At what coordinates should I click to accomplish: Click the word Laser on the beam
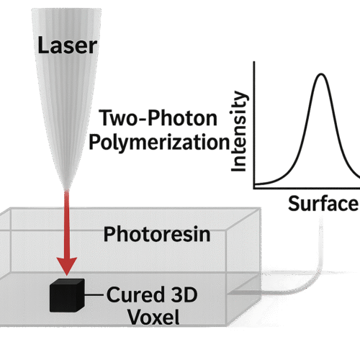68,45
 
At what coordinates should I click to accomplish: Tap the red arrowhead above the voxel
67,266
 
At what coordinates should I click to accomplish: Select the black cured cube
67,295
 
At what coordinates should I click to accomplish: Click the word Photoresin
157,235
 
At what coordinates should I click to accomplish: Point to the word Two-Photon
158,117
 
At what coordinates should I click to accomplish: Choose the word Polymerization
160,142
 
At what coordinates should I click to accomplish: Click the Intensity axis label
238,132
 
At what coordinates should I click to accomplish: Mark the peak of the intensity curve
321,73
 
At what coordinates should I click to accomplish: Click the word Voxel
153,317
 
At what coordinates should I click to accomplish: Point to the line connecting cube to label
94,294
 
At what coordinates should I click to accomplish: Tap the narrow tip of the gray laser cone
67,189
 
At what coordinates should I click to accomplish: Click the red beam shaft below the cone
67,224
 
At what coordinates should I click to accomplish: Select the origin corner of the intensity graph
254,189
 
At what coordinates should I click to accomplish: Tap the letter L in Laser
43,45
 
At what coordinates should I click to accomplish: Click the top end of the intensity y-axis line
254,62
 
